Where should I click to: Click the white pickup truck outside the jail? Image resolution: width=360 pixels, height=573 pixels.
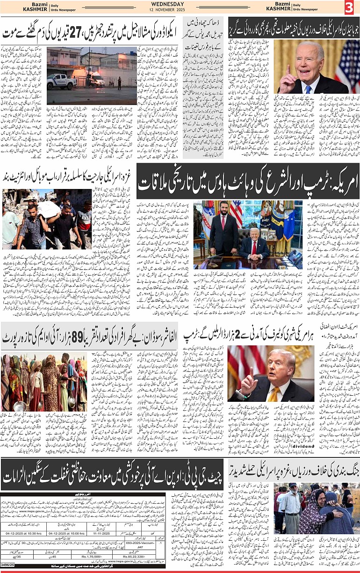tap(61, 80)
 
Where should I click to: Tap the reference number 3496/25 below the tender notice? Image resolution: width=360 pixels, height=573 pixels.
tap(8, 569)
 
